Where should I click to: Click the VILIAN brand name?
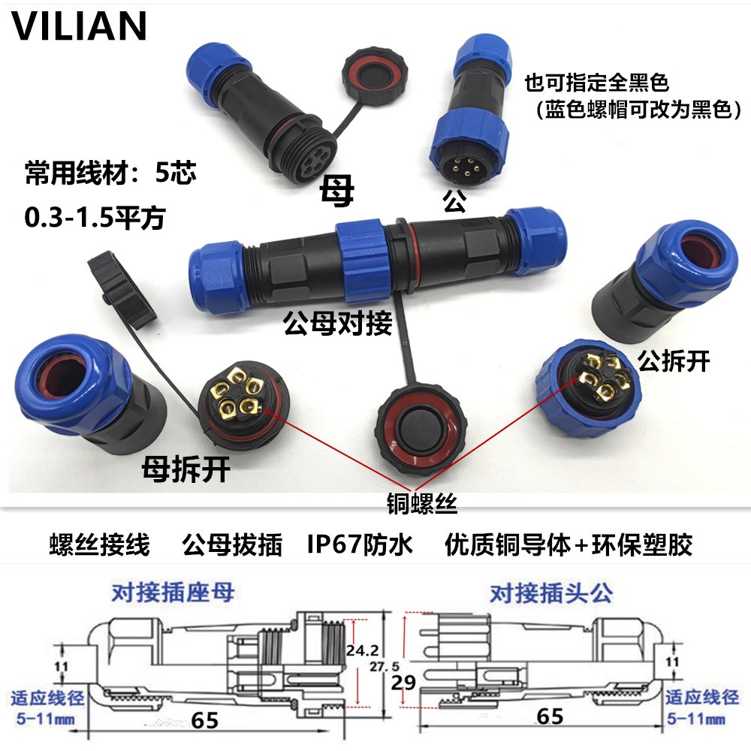pos(79,26)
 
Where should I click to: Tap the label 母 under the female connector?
pos(337,192)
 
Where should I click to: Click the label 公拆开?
pos(673,361)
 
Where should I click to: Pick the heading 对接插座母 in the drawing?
pos(173,593)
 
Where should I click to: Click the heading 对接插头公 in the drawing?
pos(551,593)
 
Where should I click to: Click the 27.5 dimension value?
pos(385,666)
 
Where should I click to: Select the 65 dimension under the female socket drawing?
pos(204,720)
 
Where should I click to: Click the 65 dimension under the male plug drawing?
pos(550,716)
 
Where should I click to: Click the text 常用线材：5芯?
pos(110,174)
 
